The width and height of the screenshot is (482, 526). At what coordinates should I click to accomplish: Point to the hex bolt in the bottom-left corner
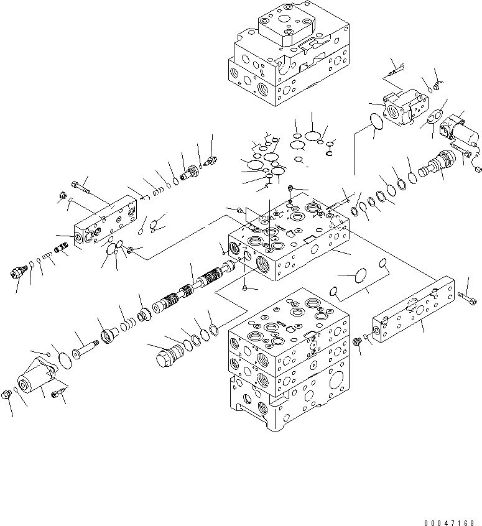click(x=8, y=394)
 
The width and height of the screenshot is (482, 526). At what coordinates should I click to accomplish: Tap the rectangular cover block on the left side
click(x=106, y=223)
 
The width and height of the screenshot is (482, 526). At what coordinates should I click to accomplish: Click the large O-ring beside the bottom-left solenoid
click(x=62, y=359)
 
